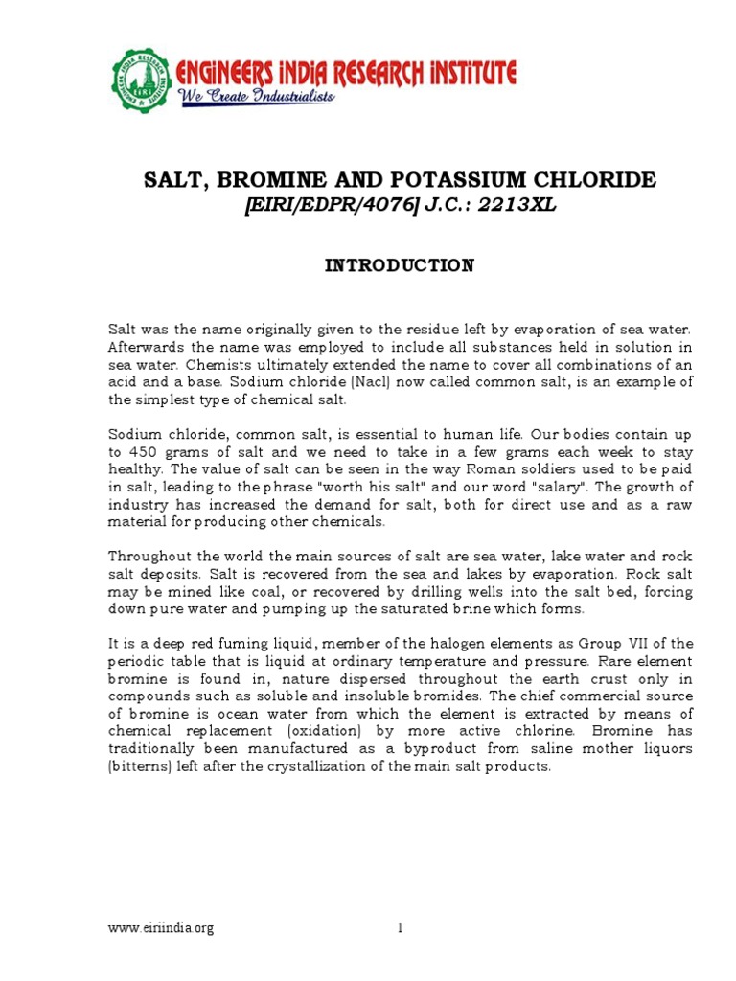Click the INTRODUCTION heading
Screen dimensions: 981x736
tap(398, 265)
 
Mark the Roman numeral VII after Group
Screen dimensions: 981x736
tap(645, 643)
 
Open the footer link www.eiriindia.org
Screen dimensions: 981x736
tap(161, 928)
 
